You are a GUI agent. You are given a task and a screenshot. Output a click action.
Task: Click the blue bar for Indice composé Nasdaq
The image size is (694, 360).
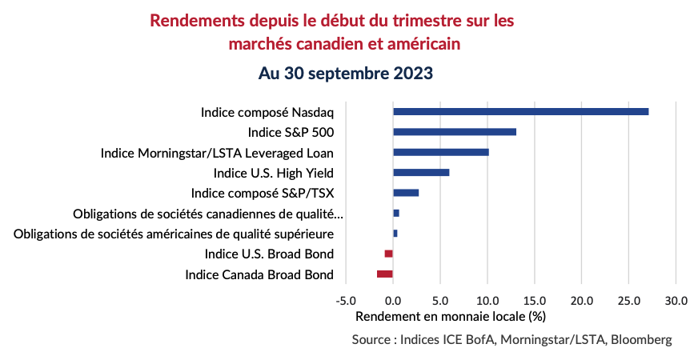point(520,111)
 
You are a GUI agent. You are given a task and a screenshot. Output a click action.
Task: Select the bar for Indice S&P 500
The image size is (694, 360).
point(455,132)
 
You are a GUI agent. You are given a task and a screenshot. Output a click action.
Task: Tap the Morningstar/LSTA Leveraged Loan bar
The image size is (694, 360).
point(441,152)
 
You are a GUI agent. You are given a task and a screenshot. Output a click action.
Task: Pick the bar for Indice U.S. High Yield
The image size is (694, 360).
point(421,172)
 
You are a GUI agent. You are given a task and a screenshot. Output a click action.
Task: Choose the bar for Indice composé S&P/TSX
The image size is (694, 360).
point(406,193)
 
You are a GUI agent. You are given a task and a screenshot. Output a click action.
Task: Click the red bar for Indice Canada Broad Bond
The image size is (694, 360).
point(385,274)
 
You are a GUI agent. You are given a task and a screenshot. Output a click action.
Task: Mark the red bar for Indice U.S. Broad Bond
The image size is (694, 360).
point(389,254)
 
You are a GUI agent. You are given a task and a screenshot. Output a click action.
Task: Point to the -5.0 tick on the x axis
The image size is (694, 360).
point(345,301)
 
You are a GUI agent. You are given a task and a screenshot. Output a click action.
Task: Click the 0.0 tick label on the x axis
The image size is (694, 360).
point(393,301)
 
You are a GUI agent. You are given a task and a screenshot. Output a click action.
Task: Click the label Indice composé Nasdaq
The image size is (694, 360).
point(267,112)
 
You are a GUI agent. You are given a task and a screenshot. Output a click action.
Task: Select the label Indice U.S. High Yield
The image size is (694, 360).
point(273,173)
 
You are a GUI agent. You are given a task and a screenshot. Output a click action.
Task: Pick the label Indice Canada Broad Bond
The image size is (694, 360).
point(259,274)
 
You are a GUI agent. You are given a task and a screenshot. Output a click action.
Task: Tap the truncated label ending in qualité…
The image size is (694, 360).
point(207,214)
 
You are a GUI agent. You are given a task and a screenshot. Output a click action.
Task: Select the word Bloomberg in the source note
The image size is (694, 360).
point(640,340)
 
